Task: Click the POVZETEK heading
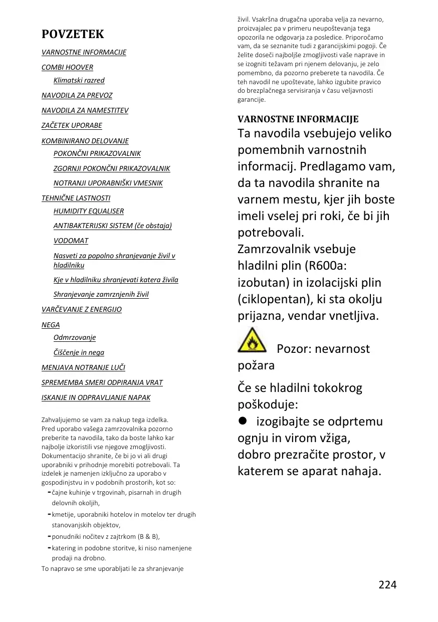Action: tap(73, 34)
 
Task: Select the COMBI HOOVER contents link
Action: tap(67, 67)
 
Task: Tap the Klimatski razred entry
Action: tap(79, 80)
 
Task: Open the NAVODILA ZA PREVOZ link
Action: tap(77, 95)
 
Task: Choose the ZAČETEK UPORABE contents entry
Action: tap(72, 125)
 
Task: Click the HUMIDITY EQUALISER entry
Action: tap(88, 211)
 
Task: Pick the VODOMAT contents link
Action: tap(71, 241)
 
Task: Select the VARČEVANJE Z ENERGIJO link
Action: tap(81, 309)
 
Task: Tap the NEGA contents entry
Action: tap(51, 325)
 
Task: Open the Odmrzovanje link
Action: tap(74, 337)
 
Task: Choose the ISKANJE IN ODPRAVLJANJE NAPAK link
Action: tap(96, 397)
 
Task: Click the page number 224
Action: tap(387, 584)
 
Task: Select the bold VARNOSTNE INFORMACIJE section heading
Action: tap(298, 119)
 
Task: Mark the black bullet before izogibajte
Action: tap(243, 421)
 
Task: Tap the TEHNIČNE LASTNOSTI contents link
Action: tap(76, 198)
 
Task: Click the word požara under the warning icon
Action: tap(256, 365)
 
